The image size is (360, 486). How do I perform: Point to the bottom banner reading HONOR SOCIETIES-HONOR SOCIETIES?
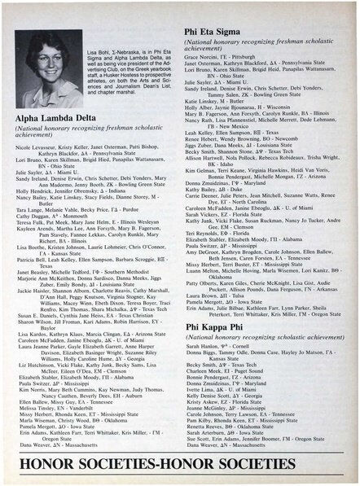178,464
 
